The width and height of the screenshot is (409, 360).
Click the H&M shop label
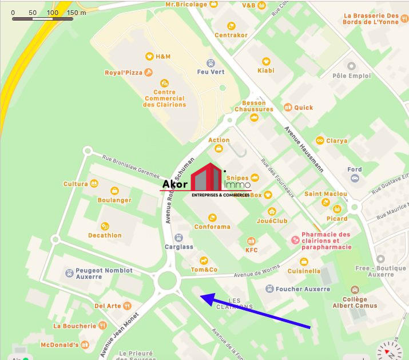[163, 57]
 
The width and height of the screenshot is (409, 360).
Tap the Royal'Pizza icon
[148, 73]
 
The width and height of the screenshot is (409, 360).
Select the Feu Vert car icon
[211, 62]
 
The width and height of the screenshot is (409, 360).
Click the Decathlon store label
[105, 235]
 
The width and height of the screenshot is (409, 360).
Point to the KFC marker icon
[251, 241]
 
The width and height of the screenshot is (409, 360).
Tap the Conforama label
[212, 227]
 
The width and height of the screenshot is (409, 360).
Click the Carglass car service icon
[178, 238]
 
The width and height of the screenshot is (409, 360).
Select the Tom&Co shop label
[204, 270]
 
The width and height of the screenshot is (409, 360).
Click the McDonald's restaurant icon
[85, 345]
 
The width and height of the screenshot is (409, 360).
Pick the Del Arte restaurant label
[108, 306]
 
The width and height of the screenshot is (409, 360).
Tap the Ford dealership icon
[355, 179]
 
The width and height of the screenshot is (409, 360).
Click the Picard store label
[337, 218]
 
